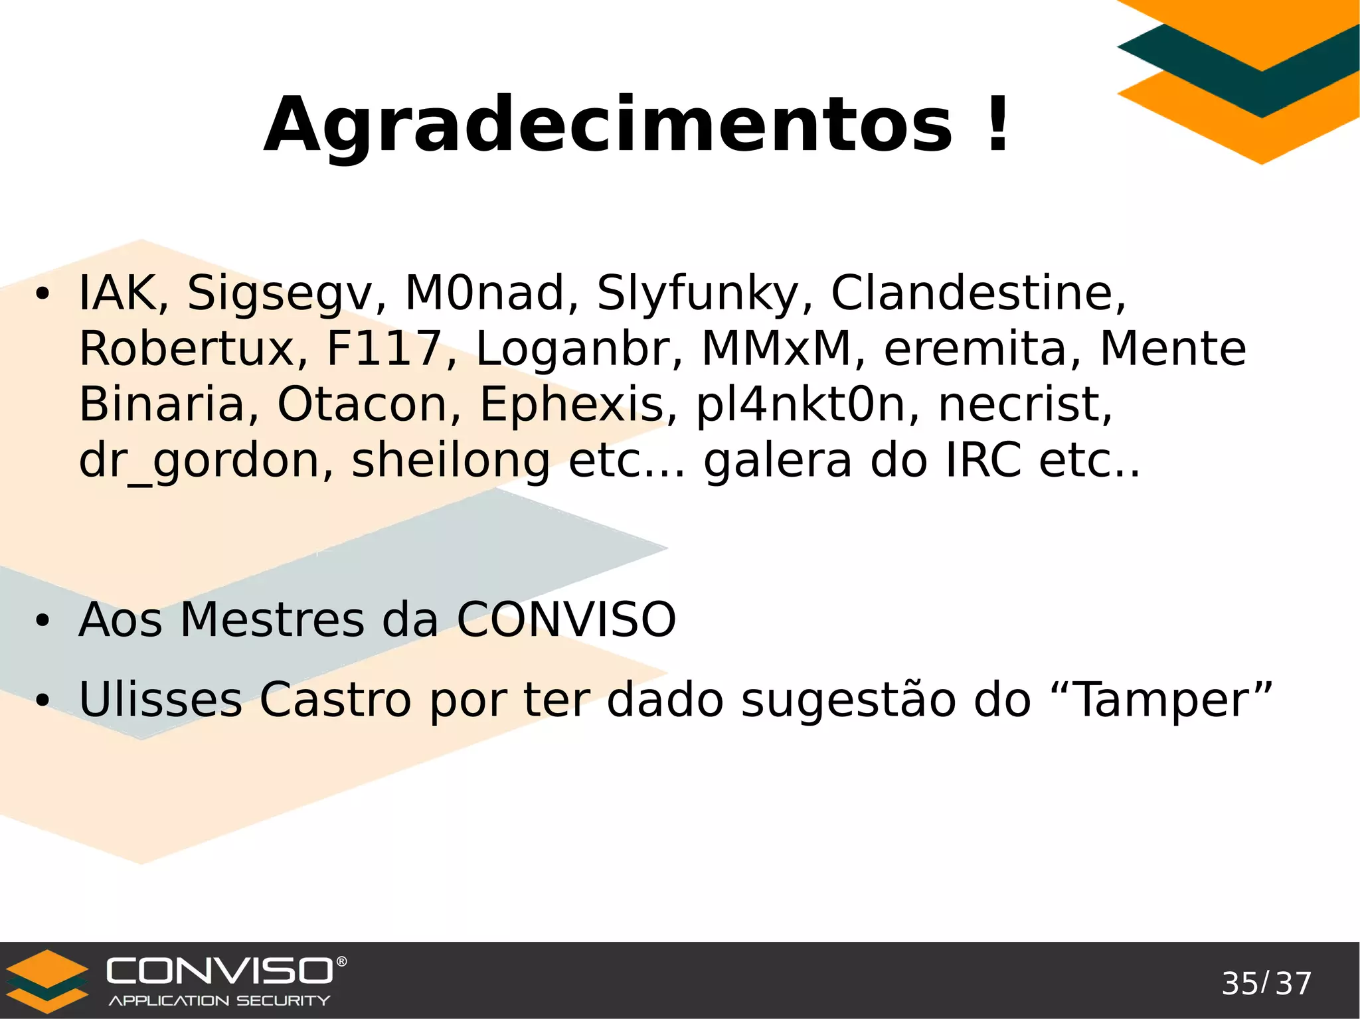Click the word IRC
(983, 461)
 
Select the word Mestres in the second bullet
(272, 620)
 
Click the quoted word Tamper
(1162, 700)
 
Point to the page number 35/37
(1266, 984)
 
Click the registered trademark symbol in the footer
(341, 961)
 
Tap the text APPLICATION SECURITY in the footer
(219, 1000)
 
